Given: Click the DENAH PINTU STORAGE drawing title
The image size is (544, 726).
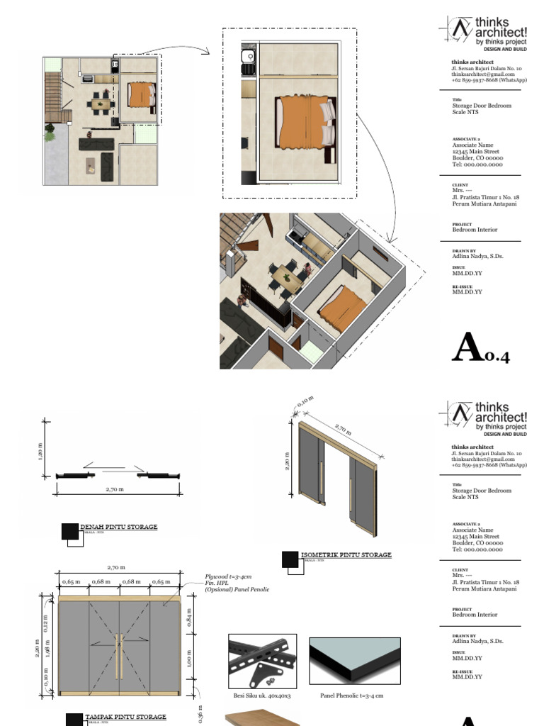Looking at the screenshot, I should coord(118,527).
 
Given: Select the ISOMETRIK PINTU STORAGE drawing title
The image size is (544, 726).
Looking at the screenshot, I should coord(346,555).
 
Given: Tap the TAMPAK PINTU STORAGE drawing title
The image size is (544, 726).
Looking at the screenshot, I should coord(125,717).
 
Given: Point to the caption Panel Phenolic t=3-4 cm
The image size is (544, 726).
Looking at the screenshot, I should coord(352,696).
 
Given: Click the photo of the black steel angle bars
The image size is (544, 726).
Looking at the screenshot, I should coord(262,661).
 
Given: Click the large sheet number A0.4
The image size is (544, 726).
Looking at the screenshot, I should coord(480,348).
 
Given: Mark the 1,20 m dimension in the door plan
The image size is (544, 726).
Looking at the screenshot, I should coord(40,452).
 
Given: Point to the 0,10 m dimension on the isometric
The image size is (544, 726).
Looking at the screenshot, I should coord(305,403).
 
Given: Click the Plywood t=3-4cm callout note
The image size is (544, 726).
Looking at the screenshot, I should coord(228,577).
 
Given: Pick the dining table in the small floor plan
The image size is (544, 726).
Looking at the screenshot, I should coord(100,105).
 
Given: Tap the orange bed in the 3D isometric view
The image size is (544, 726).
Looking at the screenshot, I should coord(342,306).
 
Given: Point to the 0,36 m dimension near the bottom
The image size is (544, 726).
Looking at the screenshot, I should coord(201,712).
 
